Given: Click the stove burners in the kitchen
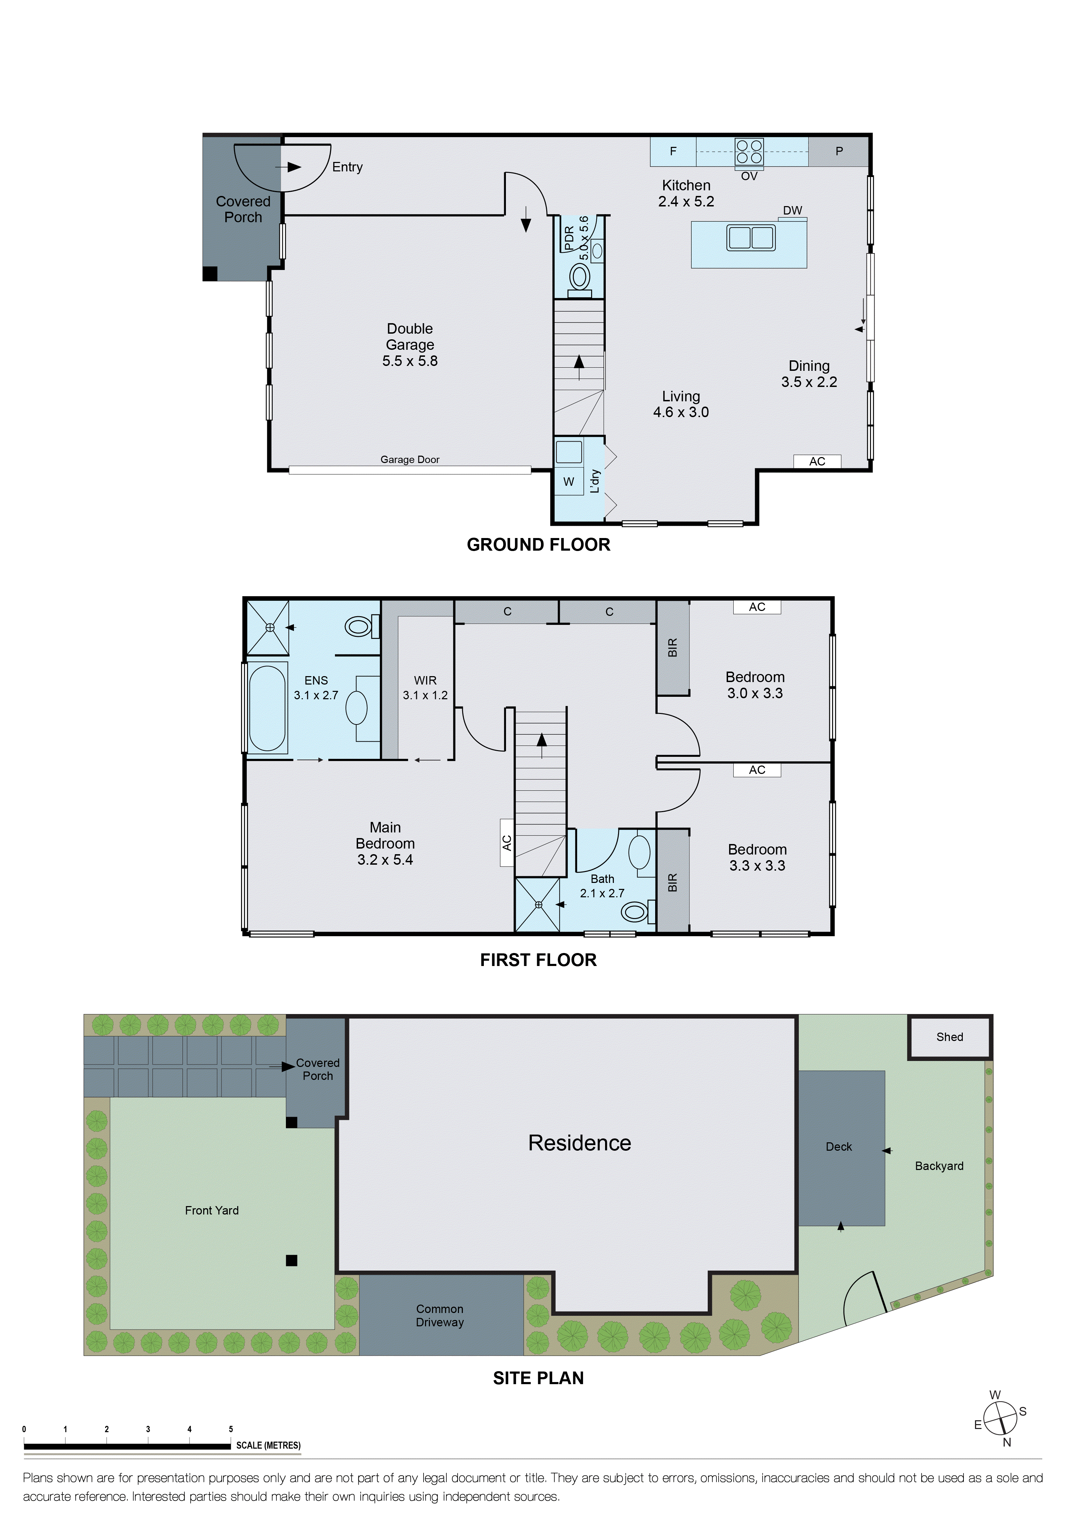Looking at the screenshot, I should [748, 151].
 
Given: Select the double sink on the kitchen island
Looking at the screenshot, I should [750, 238].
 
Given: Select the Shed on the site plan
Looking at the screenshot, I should [949, 1037].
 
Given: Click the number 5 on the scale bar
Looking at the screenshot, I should [231, 1428].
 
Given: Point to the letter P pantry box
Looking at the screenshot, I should [839, 151].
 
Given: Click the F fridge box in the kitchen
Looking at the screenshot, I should [673, 151].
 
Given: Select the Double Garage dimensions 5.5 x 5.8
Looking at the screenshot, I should [410, 361].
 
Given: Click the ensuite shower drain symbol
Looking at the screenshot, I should [269, 627].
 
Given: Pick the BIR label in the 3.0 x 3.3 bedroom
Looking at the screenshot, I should [672, 647].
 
